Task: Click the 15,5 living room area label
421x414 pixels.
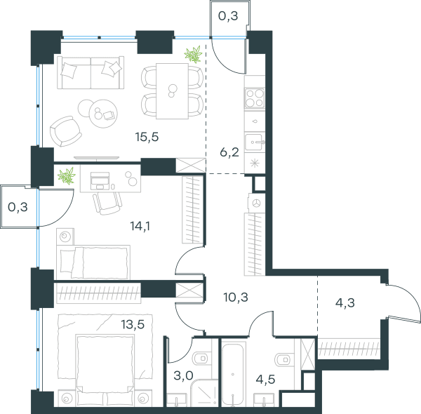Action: pos(147,138)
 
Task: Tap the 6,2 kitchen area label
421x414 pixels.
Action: pos(229,152)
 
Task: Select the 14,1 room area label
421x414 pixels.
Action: pos(140,226)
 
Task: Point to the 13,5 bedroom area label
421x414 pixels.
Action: pos(133,325)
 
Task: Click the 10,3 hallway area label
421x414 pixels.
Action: pos(236,298)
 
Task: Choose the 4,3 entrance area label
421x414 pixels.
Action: pos(345,303)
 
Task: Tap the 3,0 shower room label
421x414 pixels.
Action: pos(183,375)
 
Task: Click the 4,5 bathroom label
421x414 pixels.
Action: pos(265,380)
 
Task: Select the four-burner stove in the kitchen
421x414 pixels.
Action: pos(255,98)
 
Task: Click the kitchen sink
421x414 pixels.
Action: pos(255,142)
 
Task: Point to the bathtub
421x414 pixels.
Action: pos(233,374)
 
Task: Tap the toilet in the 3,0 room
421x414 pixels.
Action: pos(201,358)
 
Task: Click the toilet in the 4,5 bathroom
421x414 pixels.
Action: pos(285,359)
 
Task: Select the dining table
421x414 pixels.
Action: pos(172,91)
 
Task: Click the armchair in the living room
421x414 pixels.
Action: pos(65,131)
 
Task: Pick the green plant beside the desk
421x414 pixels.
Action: pos(67,176)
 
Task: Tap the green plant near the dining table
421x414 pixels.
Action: pos(193,54)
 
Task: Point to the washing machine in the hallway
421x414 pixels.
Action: pos(256,203)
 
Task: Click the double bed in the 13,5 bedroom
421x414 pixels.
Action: pos(105,370)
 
